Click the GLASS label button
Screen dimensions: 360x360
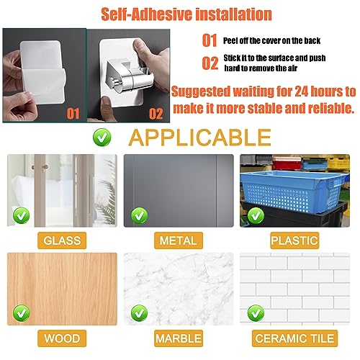(x=62, y=240)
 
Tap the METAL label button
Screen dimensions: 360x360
(x=179, y=240)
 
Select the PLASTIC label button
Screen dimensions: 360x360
(x=294, y=240)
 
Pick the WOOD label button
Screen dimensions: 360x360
(x=62, y=338)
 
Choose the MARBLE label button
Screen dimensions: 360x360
(x=179, y=338)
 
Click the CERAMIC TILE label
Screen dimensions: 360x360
(x=294, y=338)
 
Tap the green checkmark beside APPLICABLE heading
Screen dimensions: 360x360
(x=102, y=138)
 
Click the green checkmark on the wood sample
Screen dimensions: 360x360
(x=22, y=313)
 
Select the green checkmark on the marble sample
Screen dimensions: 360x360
(x=139, y=313)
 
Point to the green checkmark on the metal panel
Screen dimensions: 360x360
(x=139, y=215)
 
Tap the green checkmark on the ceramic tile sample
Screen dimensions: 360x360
(x=256, y=313)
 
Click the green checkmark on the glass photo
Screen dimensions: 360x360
(x=22, y=215)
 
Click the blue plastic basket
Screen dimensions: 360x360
(x=294, y=191)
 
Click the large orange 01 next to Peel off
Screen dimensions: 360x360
(x=210, y=40)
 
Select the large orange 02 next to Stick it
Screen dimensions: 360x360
(x=210, y=63)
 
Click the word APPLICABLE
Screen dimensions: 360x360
(x=200, y=138)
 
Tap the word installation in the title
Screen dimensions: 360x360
(x=233, y=14)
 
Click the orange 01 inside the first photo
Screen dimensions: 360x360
(x=73, y=114)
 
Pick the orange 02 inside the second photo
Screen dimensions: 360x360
(x=156, y=114)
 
